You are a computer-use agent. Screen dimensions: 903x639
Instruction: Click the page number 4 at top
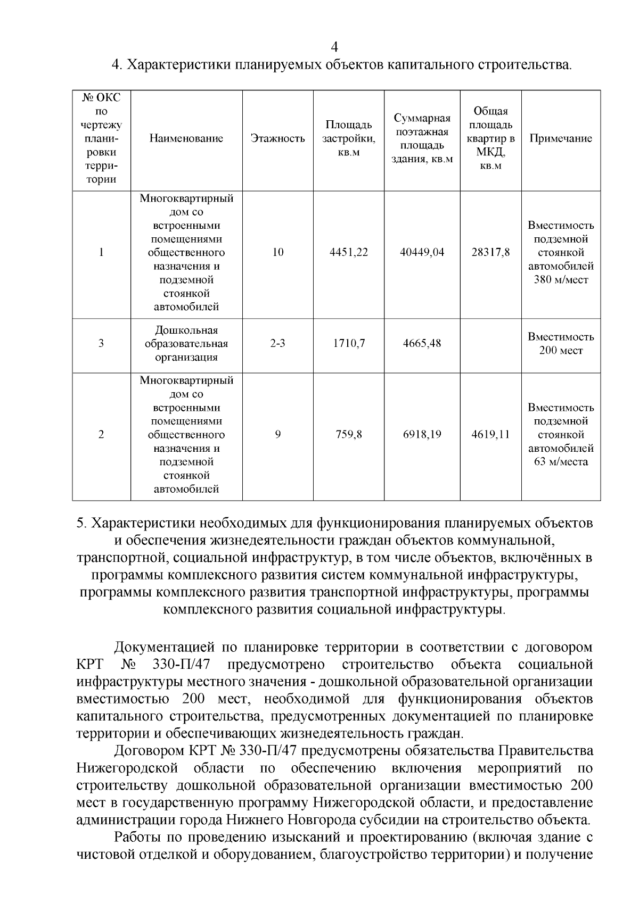334,46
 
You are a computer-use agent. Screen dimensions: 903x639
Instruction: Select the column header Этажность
277,139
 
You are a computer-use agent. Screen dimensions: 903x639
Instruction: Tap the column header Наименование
186,139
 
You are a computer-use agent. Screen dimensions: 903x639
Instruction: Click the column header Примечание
560,139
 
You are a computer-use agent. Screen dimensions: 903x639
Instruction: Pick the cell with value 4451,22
349,252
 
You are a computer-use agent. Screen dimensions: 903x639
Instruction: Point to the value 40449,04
422,252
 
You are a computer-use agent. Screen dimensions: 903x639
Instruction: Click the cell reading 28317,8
490,252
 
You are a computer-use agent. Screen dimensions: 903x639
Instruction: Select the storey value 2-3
277,343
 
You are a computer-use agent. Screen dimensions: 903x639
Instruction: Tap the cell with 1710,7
349,343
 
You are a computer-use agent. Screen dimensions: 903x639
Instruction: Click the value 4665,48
422,343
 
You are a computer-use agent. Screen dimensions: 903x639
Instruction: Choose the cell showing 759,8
349,435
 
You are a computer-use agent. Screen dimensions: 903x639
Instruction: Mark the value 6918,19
422,435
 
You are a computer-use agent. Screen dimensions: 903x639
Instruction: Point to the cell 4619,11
490,435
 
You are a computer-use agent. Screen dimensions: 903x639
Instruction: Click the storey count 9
277,435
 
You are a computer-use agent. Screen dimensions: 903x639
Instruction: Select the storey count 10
277,252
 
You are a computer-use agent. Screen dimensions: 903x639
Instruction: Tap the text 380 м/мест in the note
561,279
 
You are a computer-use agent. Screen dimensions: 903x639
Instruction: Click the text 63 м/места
561,462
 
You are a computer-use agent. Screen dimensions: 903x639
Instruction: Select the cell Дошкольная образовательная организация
186,343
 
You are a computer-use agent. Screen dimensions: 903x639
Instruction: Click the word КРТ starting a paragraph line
93,665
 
